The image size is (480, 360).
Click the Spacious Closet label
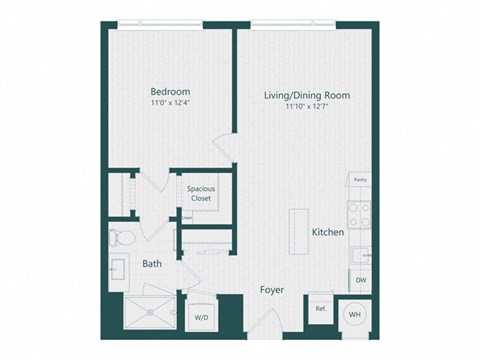pyautogui.click(x=201, y=193)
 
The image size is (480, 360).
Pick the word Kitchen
pyautogui.click(x=328, y=232)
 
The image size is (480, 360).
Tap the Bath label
pyautogui.click(x=152, y=265)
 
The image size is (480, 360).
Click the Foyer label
pyautogui.click(x=271, y=290)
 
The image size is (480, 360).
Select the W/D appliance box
pyautogui.click(x=202, y=314)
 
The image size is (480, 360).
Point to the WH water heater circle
pyautogui.click(x=354, y=313)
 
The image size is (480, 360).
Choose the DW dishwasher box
pyautogui.click(x=360, y=280)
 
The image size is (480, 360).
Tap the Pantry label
pyautogui.click(x=359, y=180)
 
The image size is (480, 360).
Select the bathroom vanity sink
pyautogui.click(x=119, y=271)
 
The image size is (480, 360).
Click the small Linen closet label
pyautogui.click(x=187, y=217)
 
